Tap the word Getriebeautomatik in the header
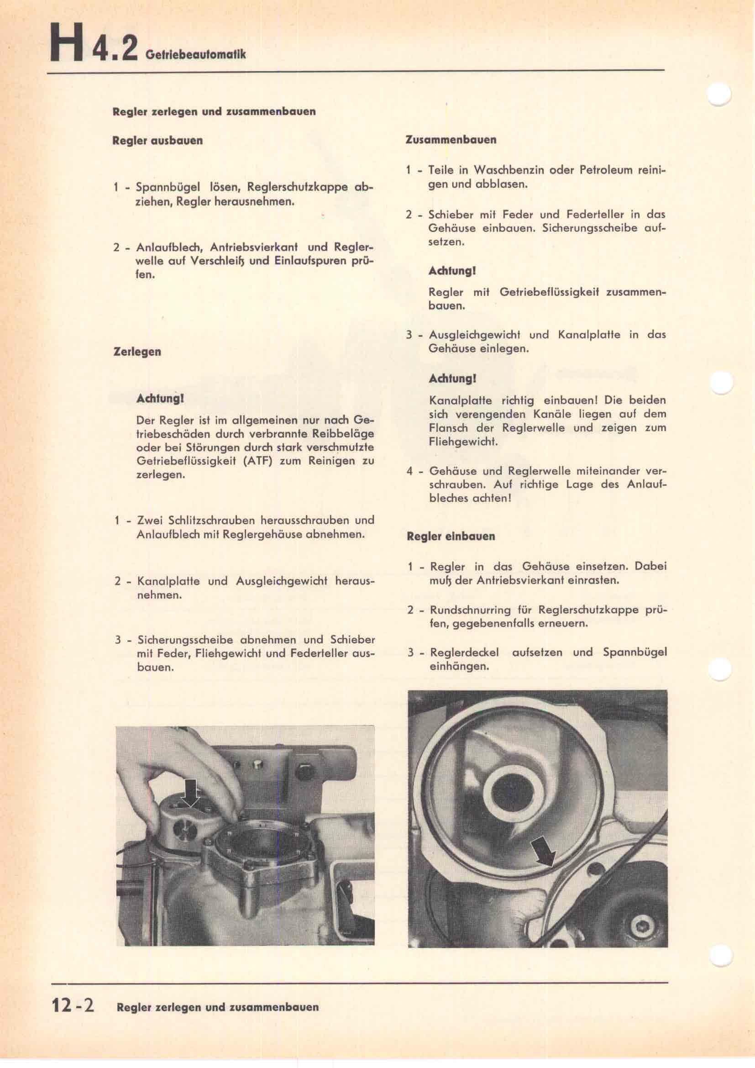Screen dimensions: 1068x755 pos(195,55)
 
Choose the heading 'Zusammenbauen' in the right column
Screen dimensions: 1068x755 pos(451,140)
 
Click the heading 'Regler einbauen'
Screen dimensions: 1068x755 pos(451,537)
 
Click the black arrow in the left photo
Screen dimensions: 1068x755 pos(192,793)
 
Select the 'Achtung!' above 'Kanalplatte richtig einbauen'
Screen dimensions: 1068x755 pos(446,379)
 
